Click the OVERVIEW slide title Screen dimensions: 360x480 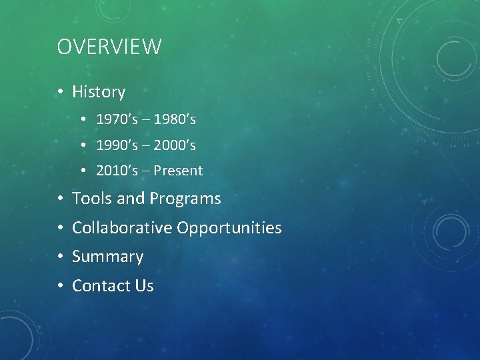109,47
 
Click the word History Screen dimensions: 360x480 99,92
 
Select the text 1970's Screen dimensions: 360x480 117,119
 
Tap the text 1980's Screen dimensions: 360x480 175,119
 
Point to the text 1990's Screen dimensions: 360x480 117,145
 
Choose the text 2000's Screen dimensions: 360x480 175,145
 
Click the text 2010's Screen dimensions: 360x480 117,171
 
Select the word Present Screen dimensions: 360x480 178,171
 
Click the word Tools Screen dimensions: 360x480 91,199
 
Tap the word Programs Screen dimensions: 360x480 185,199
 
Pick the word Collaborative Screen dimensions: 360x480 122,228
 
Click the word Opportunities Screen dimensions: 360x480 229,229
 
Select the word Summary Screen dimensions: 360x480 107,257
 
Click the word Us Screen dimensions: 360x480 144,286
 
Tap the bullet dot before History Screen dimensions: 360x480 60,93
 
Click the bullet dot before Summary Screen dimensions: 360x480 60,257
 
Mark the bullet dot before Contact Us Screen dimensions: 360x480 60,287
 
